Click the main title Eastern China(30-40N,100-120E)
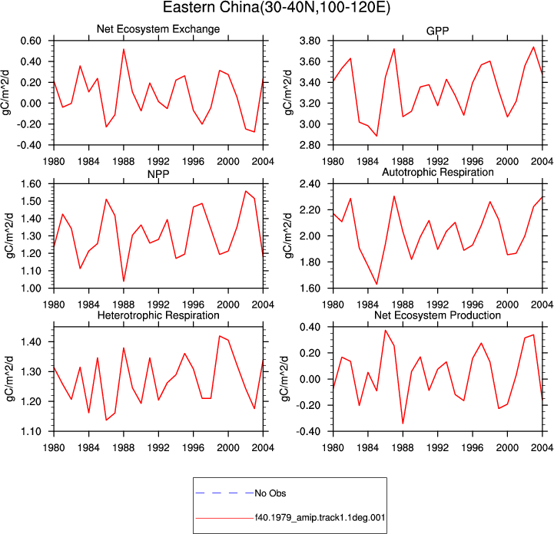[x=277, y=8]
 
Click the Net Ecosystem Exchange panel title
[x=158, y=29]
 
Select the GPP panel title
[x=437, y=31]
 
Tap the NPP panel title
[x=158, y=174]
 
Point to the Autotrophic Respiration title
[x=438, y=172]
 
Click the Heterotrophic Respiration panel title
[x=158, y=315]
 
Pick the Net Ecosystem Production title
[x=437, y=315]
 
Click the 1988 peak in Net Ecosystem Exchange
[x=124, y=49]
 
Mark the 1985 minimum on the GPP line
[x=377, y=136]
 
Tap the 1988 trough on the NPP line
[x=124, y=281]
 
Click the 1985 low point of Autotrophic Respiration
[x=377, y=284]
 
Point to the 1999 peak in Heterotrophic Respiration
[x=220, y=336]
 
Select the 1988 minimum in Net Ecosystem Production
[x=403, y=424]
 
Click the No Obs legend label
[x=270, y=493]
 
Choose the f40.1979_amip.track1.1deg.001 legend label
[x=320, y=518]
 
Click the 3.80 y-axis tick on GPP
[x=310, y=41]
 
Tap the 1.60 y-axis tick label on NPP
[x=31, y=184]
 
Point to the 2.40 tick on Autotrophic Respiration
[x=310, y=184]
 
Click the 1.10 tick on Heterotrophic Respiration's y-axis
[x=31, y=431]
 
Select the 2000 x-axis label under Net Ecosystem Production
[x=507, y=448]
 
